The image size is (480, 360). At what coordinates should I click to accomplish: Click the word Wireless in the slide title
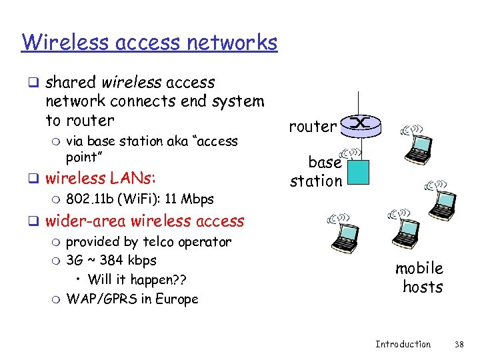tap(61, 42)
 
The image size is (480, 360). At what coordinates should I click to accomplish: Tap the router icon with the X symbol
tap(359, 124)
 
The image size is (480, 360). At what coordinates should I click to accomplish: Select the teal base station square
tap(359, 172)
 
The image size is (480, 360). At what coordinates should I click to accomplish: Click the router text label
tap(313, 126)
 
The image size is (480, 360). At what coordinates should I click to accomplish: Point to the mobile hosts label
tap(419, 277)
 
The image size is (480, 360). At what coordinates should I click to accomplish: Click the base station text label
tap(316, 171)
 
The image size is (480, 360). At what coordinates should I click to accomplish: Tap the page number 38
tap(459, 344)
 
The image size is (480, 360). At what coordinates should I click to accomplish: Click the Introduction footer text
tap(403, 344)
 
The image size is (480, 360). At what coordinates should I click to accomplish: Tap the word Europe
tap(177, 299)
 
